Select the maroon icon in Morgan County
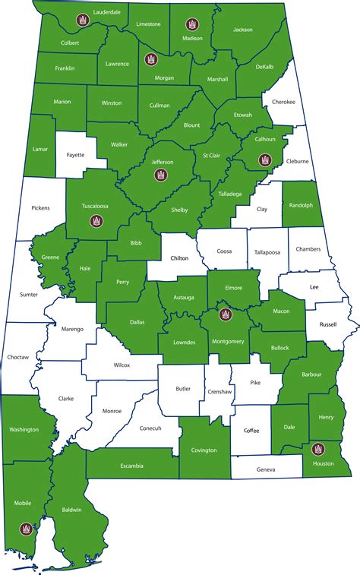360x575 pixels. [150, 58]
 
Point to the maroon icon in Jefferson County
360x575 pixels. [160, 175]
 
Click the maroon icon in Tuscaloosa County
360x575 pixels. [96, 221]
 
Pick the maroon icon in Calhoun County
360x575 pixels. [264, 160]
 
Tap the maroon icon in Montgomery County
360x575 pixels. [224, 314]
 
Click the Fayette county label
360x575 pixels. [76, 155]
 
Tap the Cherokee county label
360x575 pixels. [283, 102]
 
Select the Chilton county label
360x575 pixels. [179, 258]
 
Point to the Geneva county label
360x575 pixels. [266, 470]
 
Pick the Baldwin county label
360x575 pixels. [71, 510]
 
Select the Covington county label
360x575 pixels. [204, 450]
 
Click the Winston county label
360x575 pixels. [111, 103]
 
